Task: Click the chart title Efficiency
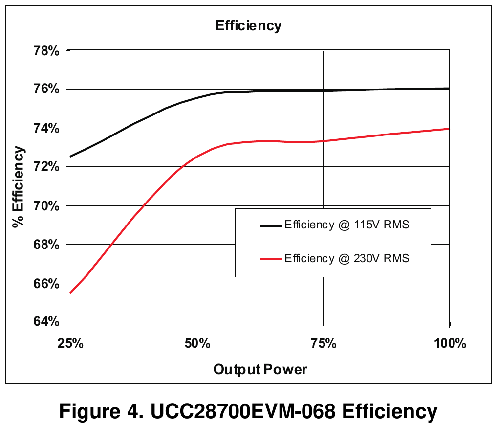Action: coord(248,26)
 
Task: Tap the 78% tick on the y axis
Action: coord(46,51)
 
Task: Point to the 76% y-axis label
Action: coord(46,89)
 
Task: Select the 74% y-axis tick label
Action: coord(46,129)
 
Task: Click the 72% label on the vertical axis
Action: coord(46,167)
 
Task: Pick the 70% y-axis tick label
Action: coord(46,206)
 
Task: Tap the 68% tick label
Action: coord(46,245)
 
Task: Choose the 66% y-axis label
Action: coord(46,284)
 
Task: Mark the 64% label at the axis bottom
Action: coord(46,322)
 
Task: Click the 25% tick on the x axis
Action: coord(70,343)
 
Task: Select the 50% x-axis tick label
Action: coord(197,343)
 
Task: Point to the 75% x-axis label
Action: coord(324,343)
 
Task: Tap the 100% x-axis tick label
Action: coord(450,343)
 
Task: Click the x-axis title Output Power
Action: coord(260,370)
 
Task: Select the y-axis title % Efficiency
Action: coord(19,187)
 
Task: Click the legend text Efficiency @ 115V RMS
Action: coord(347,225)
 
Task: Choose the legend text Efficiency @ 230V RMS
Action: coord(347,258)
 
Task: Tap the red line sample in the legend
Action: coord(271,259)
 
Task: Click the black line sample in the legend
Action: coord(271,226)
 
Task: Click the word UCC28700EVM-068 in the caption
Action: coord(243,411)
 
